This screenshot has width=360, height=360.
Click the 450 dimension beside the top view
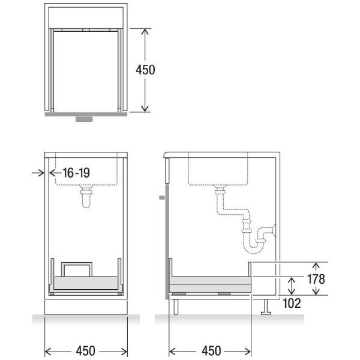coord(145,70)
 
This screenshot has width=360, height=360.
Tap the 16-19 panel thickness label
coord(76,173)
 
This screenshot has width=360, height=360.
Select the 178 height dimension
coord(316,279)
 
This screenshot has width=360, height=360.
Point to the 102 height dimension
coord(292,303)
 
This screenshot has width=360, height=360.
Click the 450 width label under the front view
coord(85,351)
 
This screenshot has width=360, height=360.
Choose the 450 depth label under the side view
coord(211,351)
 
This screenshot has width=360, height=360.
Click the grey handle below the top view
coord(84,119)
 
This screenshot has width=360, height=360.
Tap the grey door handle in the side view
coord(163,197)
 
